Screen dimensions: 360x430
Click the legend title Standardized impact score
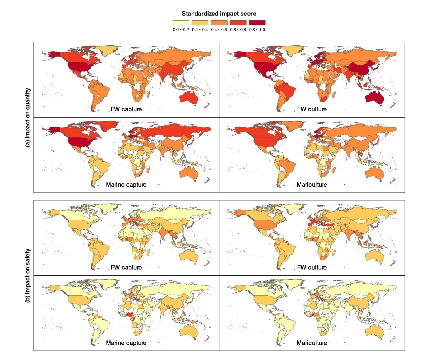(x=219, y=14)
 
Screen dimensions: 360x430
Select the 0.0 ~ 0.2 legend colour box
(x=181, y=23)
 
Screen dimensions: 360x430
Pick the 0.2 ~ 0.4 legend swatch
(x=200, y=23)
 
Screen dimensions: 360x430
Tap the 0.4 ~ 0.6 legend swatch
(x=219, y=23)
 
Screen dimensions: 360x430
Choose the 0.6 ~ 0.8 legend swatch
(x=238, y=23)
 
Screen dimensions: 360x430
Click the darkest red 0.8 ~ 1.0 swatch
(x=257, y=23)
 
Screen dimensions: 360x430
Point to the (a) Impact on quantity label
(x=28, y=117)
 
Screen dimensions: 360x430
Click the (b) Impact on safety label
(x=28, y=275)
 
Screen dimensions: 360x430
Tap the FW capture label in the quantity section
(x=126, y=109)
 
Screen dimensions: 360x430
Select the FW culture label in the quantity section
(x=312, y=109)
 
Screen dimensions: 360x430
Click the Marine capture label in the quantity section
(x=126, y=185)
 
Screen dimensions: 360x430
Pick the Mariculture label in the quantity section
(x=312, y=185)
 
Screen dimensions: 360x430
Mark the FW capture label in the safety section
(x=126, y=267)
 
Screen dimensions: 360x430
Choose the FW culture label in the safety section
(x=312, y=267)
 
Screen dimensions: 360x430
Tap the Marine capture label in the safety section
(x=126, y=343)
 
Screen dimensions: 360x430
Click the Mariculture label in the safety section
(x=312, y=343)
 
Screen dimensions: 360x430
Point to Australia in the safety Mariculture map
(x=375, y=331)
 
